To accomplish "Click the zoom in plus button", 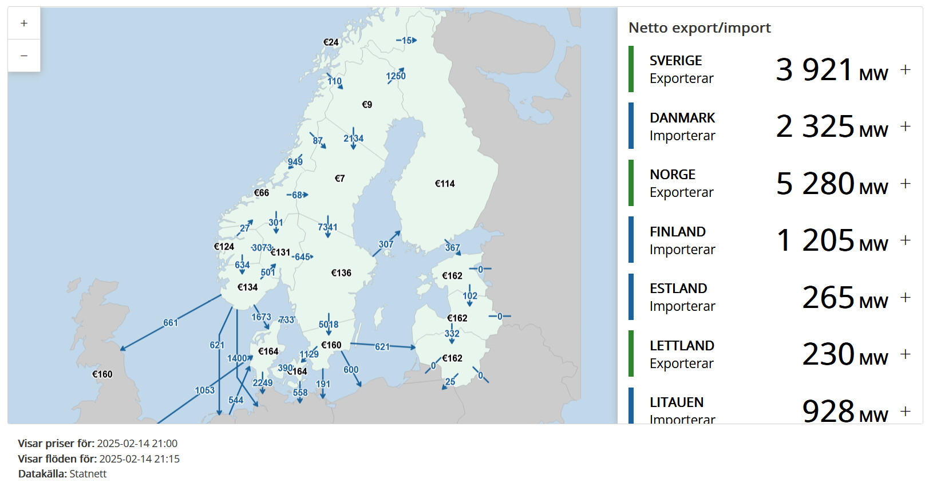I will pos(24,23).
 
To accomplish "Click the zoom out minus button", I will pos(24,56).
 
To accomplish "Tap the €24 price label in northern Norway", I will pos(331,42).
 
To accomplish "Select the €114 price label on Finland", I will pos(445,184).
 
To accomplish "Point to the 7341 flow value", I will pos(327,227).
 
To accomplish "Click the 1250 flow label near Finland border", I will pos(396,76).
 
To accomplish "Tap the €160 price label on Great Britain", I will pos(102,374).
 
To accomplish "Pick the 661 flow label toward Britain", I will pos(171,323).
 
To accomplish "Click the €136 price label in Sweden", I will pos(341,273).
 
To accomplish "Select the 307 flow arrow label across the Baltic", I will pos(386,244).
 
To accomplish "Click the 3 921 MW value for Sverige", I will pos(831,70).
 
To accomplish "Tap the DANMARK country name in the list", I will pos(682,118).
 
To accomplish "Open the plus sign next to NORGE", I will pos(905,184).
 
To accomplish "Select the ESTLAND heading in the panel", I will pos(678,289).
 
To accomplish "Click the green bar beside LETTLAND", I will pos(631,354).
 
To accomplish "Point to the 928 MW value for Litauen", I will pos(844,412).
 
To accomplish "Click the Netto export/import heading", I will pos(699,28).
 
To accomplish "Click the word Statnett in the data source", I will pos(88,474).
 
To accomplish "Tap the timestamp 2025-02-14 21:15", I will pos(139,459).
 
